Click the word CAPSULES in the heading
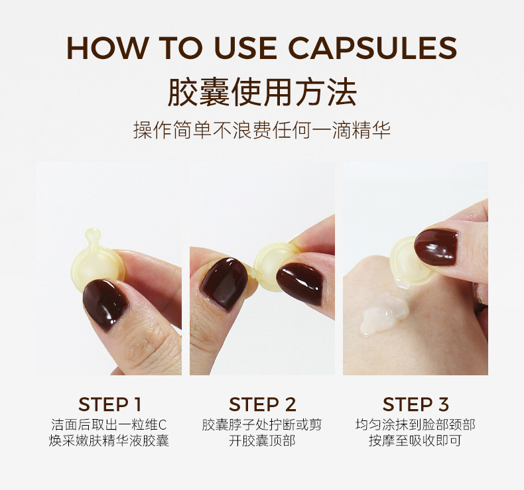click(373, 48)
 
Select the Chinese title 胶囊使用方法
click(262, 92)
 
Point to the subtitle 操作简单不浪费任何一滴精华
click(262, 130)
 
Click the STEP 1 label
click(109, 404)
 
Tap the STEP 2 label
click(263, 404)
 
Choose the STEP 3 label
click(415, 404)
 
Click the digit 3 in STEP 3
click(443, 404)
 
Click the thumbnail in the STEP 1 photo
click(105, 304)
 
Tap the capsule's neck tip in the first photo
click(93, 234)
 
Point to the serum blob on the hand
click(384, 312)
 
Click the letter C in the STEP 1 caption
click(162, 425)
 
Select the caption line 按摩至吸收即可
click(415, 440)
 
